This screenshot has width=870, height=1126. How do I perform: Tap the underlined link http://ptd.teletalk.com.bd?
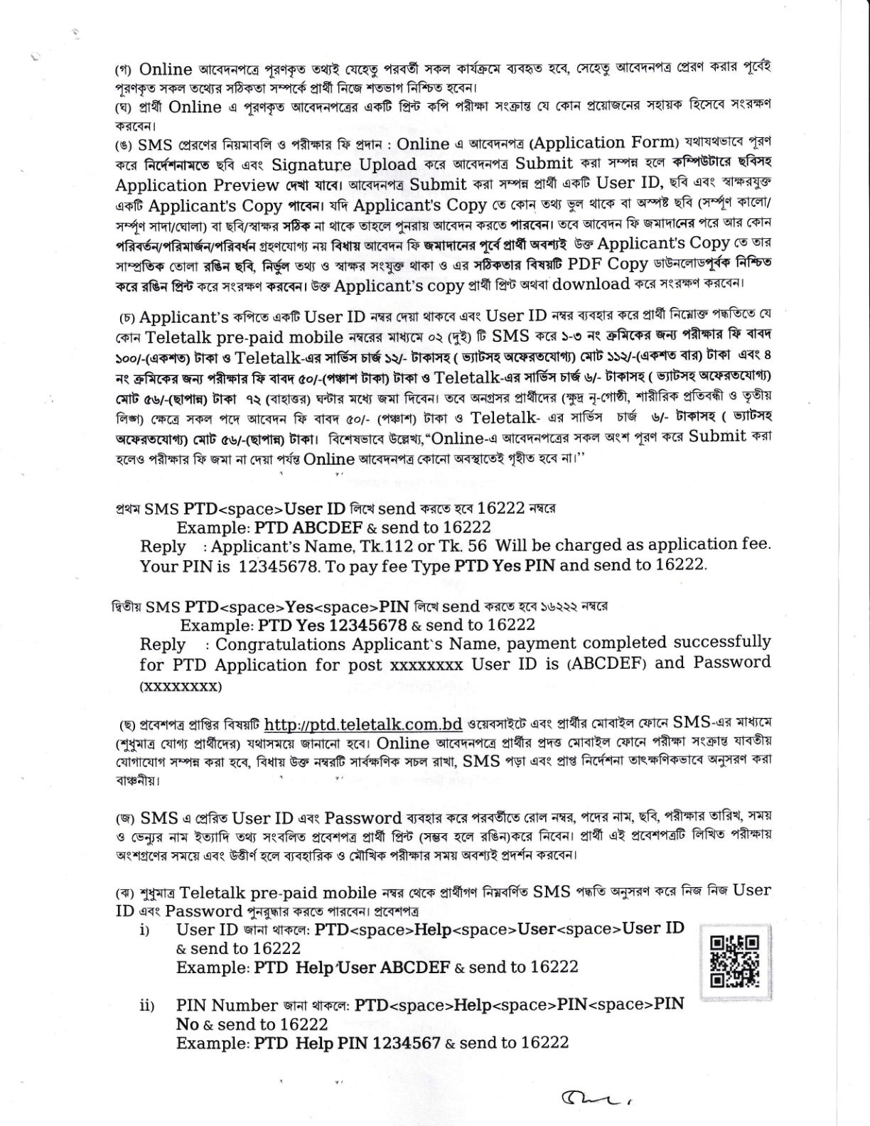363,724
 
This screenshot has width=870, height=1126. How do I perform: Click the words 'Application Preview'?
197,186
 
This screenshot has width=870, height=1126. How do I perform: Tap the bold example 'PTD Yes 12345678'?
332,626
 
